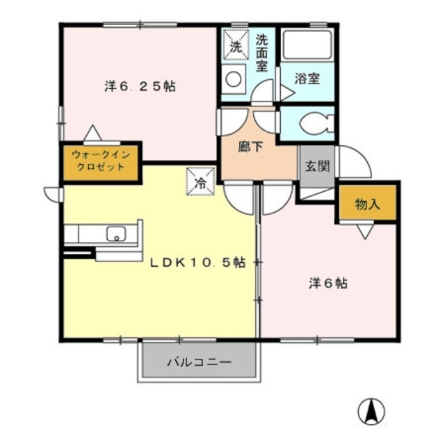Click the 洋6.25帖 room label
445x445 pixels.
coord(140,87)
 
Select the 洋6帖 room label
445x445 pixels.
coord(328,284)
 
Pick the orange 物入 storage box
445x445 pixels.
coord(367,204)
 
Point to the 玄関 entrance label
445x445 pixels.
coord(316,166)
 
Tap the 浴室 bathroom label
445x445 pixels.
coord(307,78)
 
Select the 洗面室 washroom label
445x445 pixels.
coord(261,52)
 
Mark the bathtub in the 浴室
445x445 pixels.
coord(307,46)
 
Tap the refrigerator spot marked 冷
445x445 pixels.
coord(200,183)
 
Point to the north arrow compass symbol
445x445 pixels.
coord(371,412)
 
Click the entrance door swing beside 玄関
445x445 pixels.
coord(352,161)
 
